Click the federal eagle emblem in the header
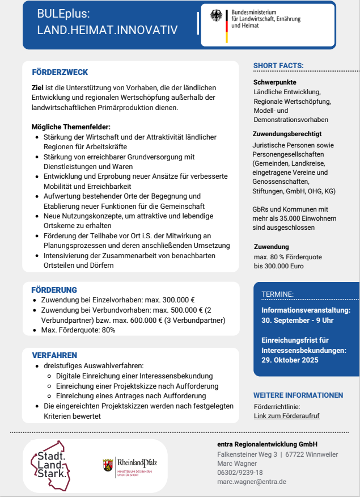[216, 16]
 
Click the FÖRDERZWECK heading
[60, 73]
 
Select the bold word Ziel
[37, 88]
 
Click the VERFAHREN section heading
[54, 355]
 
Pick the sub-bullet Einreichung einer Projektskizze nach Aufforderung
[137, 386]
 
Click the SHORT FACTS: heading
[278, 66]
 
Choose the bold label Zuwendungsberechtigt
[287, 134]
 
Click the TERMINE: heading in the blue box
[277, 294]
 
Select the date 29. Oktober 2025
[290, 360]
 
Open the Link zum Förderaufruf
[286, 416]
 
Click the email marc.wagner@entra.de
[251, 482]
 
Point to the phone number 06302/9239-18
[240, 473]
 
